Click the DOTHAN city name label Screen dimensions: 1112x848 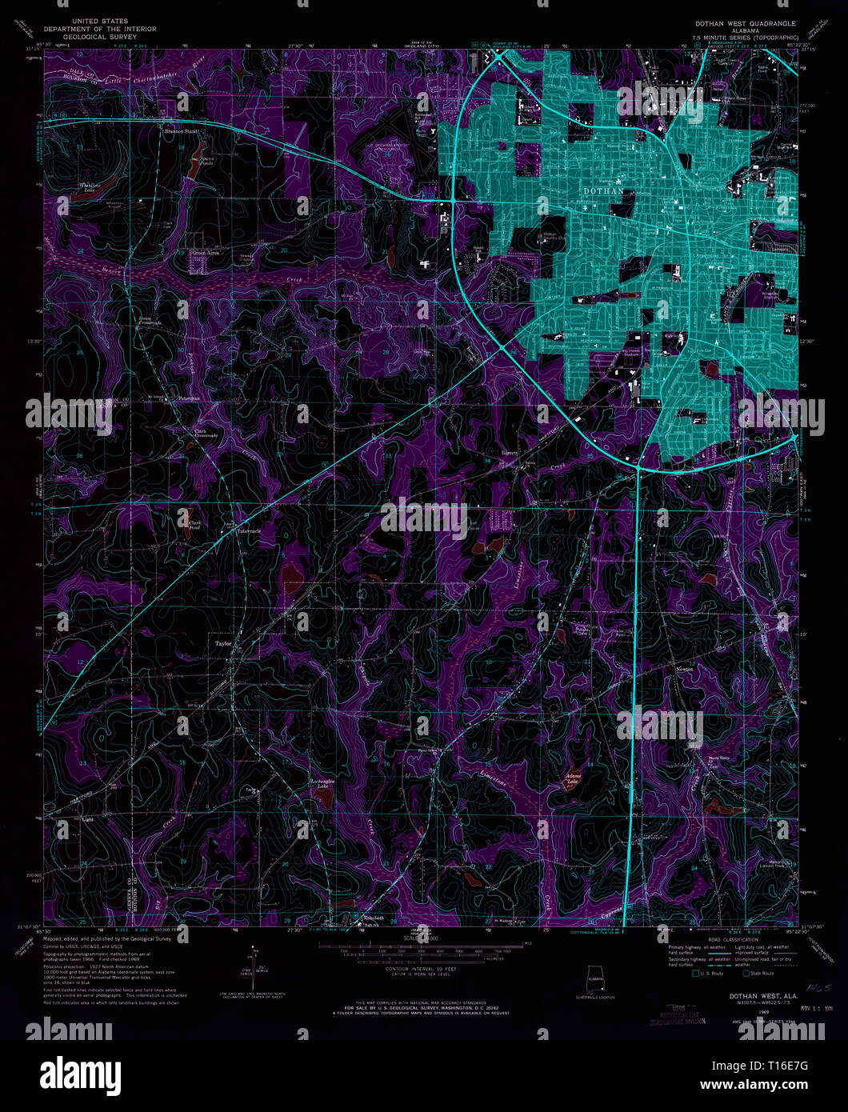(x=603, y=192)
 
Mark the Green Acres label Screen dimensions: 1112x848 (x=205, y=252)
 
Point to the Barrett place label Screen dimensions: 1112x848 (x=510, y=453)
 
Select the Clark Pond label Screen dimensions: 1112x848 (x=194, y=524)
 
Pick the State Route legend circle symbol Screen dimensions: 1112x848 (x=746, y=974)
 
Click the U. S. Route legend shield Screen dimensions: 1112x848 (x=685, y=974)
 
